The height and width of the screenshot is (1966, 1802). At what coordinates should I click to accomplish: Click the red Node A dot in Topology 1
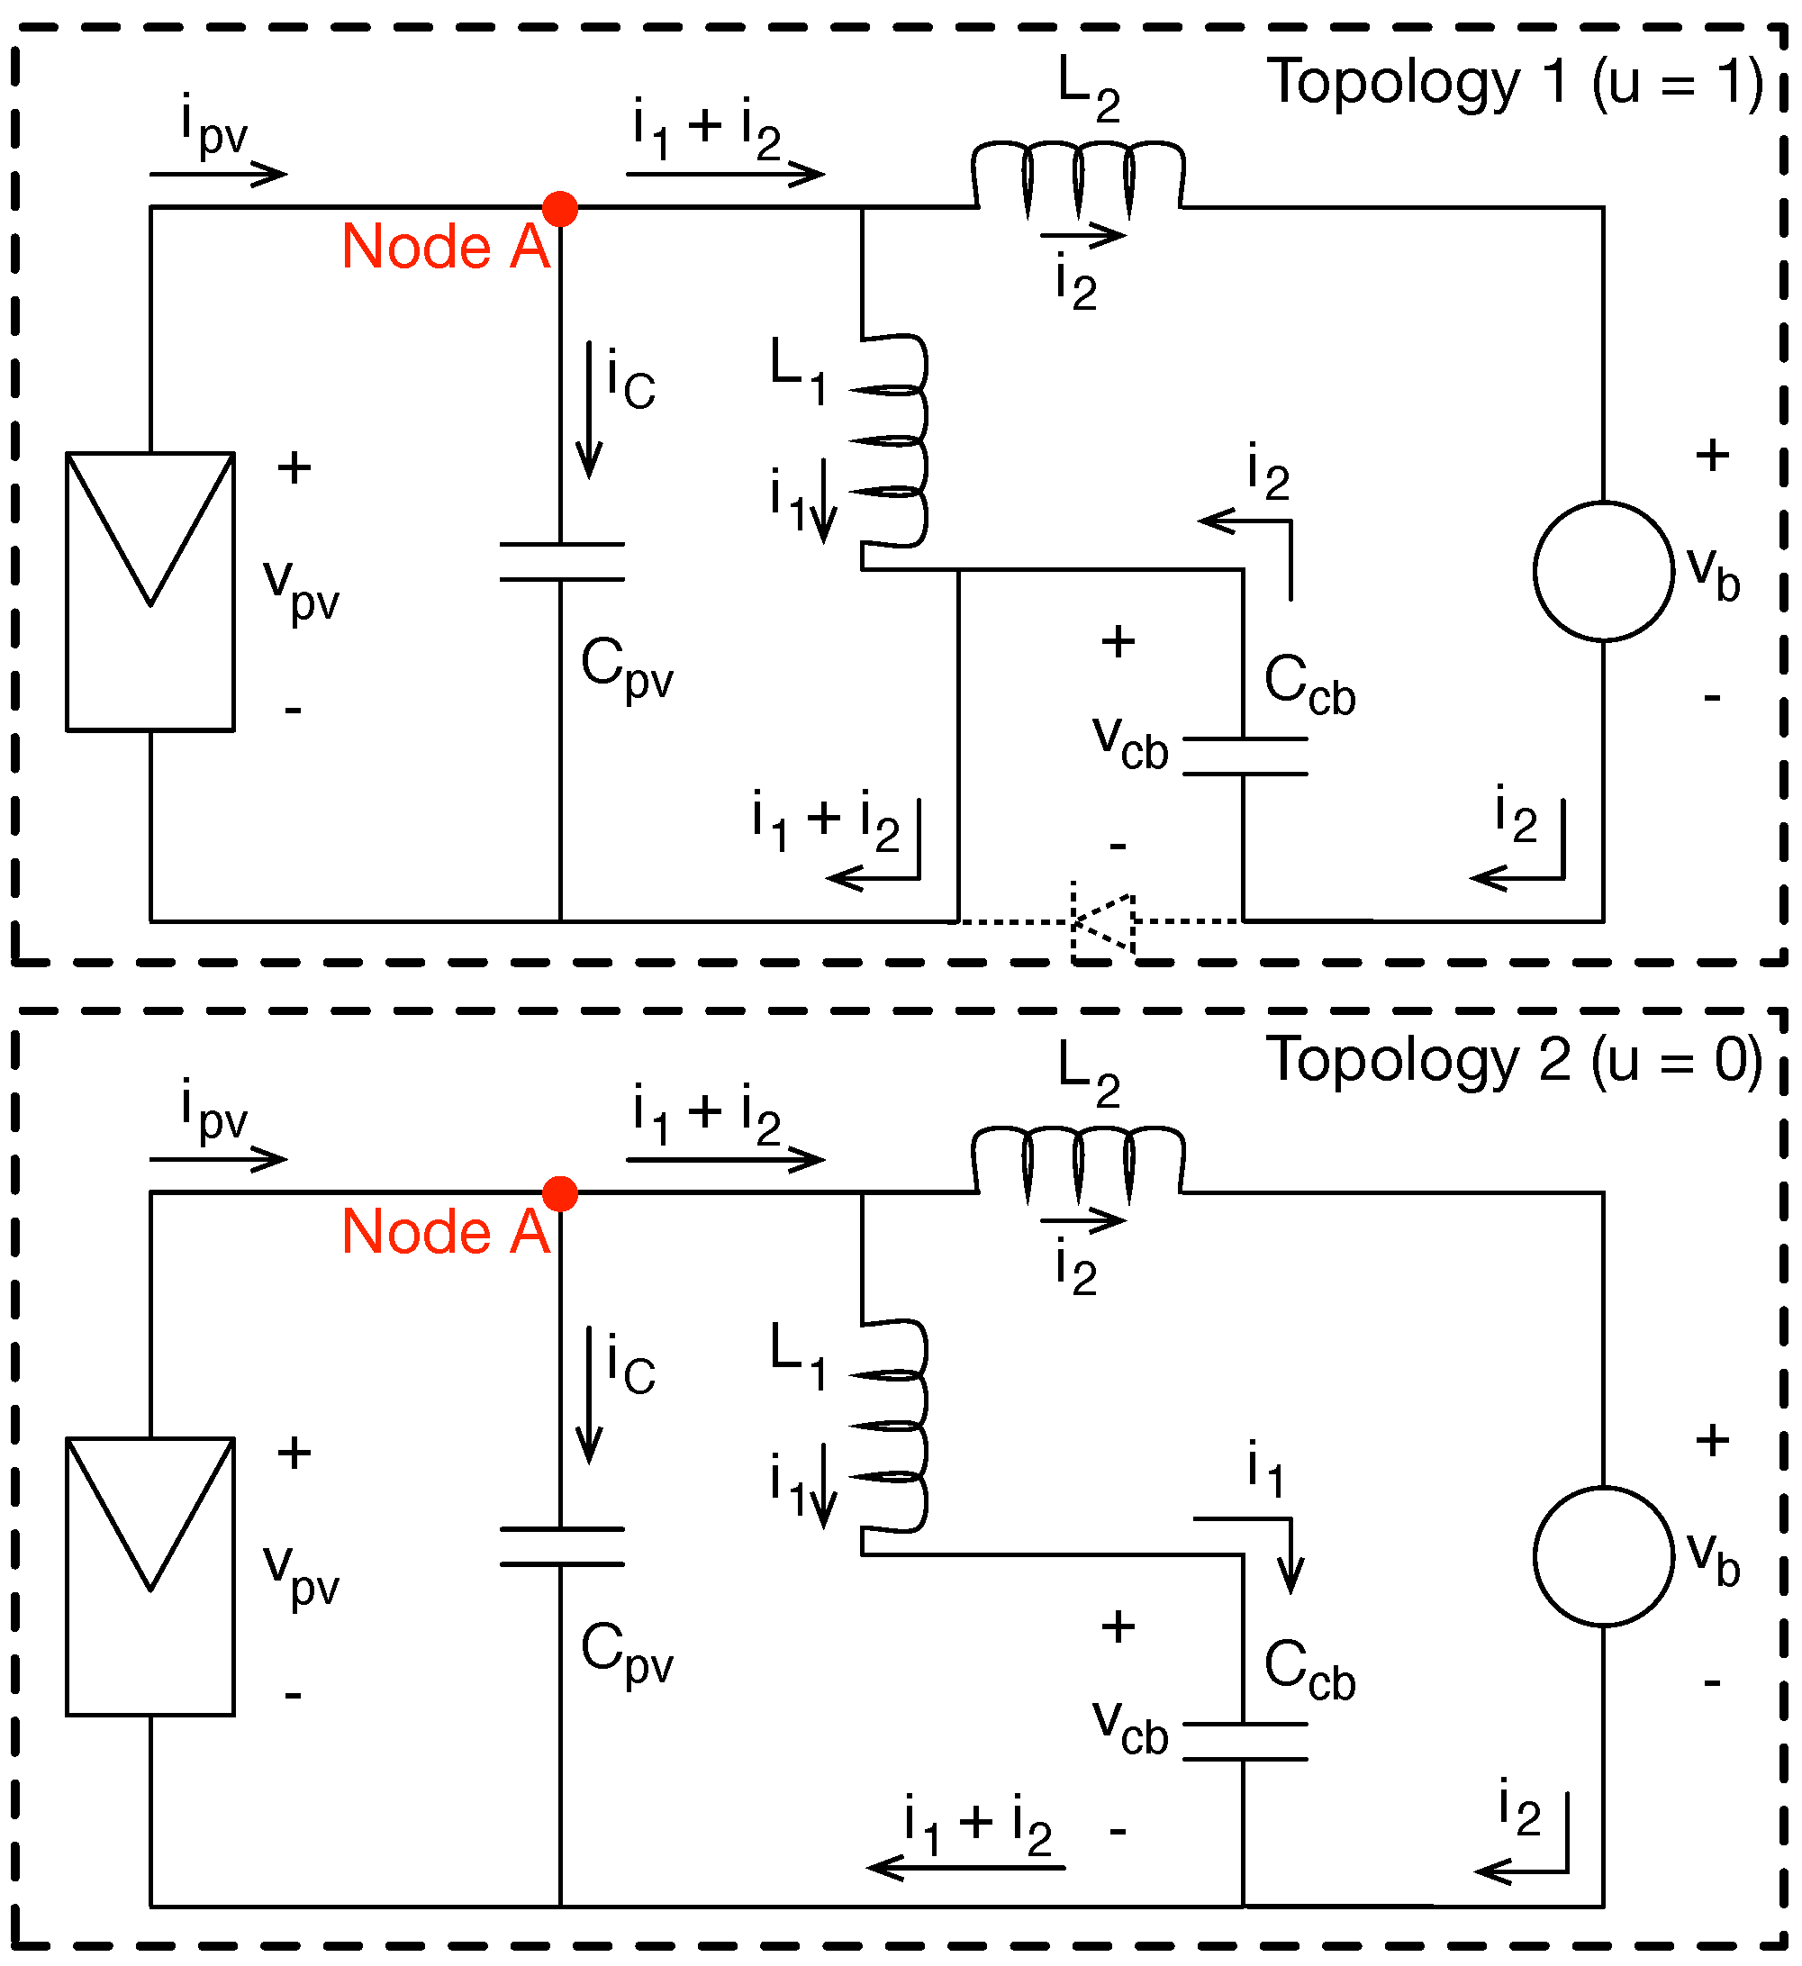[x=560, y=208]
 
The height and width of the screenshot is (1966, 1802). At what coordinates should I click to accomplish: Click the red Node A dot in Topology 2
[x=560, y=1193]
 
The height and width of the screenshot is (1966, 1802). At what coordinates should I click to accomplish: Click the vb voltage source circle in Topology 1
[x=1603, y=572]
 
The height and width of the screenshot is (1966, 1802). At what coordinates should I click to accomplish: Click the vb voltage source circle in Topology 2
[x=1603, y=1556]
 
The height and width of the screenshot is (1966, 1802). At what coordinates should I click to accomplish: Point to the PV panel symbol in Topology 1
[x=150, y=591]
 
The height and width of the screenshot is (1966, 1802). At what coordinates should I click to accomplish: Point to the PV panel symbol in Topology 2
[x=150, y=1576]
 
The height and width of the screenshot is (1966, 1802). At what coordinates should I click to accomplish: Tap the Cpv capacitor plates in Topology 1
[x=562, y=562]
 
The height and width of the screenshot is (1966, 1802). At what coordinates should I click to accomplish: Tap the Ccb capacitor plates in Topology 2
[x=1245, y=1742]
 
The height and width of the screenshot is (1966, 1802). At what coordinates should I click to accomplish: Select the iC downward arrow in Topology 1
[x=589, y=410]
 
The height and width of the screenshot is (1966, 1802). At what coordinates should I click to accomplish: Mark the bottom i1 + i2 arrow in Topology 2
[x=965, y=1868]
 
